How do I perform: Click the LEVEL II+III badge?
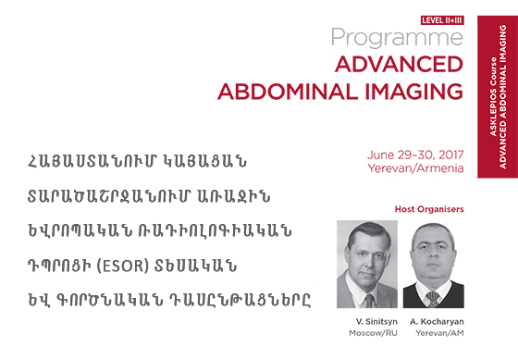[442, 20]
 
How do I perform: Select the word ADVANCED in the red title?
[399, 64]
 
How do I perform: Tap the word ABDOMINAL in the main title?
[288, 92]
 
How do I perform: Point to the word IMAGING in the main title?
[414, 92]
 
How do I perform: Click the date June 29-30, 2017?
[415, 155]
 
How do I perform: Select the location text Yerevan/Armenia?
[416, 168]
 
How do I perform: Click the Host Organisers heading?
[429, 209]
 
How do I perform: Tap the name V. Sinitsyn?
[376, 321]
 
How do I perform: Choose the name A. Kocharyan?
[437, 321]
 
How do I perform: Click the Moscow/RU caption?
[373, 333]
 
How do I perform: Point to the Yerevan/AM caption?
[439, 333]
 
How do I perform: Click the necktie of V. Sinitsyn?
[369, 301]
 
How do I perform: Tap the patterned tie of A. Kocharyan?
[433, 299]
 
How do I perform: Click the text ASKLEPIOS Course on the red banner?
[493, 97]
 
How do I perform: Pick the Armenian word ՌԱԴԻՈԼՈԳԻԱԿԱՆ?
[215, 230]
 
